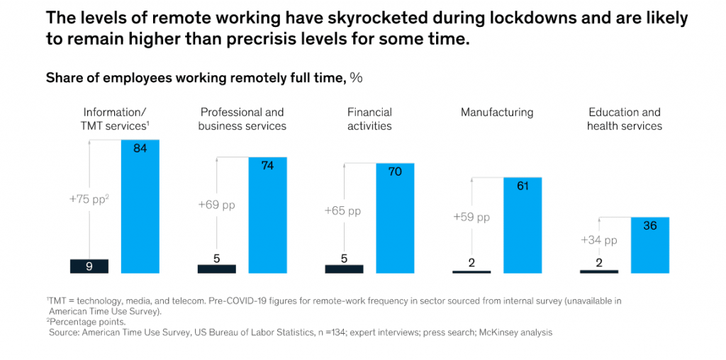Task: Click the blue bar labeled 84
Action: tap(140, 206)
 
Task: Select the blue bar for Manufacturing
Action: tap(523, 225)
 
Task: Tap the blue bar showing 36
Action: tap(650, 244)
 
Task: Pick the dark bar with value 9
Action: tap(89, 266)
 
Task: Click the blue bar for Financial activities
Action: tap(395, 218)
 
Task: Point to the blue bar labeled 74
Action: tap(267, 215)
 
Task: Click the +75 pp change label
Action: tap(89, 199)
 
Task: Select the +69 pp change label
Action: tap(216, 206)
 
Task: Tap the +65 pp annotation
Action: tap(343, 210)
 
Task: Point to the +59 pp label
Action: tap(471, 218)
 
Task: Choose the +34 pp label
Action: tap(598, 240)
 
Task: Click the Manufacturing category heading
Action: tap(497, 112)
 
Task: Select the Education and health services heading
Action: tap(625, 119)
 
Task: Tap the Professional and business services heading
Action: tap(242, 119)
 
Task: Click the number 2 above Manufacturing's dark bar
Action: tap(471, 263)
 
